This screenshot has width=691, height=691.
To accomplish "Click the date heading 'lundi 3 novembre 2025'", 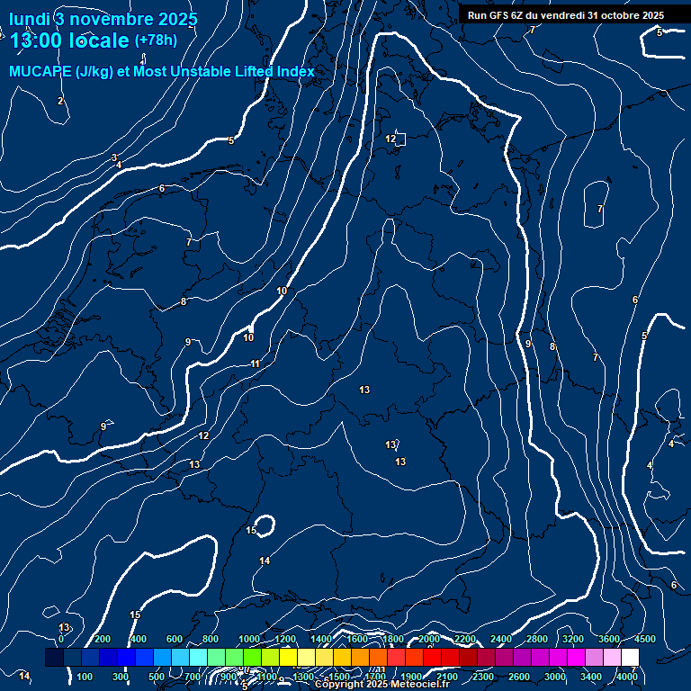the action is (x=103, y=18).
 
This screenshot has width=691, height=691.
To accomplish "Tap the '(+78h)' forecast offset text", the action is (x=156, y=40).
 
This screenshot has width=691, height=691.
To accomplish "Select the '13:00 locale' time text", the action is (x=69, y=40).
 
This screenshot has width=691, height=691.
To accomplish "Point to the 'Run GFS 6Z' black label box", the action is (x=566, y=15).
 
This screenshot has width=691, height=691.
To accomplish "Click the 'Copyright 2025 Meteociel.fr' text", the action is (x=381, y=685).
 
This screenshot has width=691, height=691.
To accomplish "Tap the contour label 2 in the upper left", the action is (x=60, y=101).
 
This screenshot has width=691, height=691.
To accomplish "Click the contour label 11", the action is (x=256, y=363).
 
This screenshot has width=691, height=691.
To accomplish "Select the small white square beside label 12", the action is (x=400, y=139).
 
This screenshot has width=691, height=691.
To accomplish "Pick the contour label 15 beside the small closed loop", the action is (x=251, y=531).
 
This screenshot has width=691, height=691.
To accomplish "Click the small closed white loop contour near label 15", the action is (x=264, y=525).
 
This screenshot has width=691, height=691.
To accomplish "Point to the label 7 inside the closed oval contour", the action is (x=600, y=209).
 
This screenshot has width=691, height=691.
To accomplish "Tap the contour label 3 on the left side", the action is (x=114, y=157).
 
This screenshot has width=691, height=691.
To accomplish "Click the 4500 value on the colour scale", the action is (x=645, y=639).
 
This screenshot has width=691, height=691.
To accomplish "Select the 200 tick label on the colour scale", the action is (x=103, y=639).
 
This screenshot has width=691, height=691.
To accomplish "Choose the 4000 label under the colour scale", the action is (x=628, y=677).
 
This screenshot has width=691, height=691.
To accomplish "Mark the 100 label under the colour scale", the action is (x=85, y=677).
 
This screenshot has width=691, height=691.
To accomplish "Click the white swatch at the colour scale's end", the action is (x=630, y=658).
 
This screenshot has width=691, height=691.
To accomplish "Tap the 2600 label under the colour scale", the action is (x=519, y=677).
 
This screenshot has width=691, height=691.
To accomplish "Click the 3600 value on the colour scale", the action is (x=609, y=639).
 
